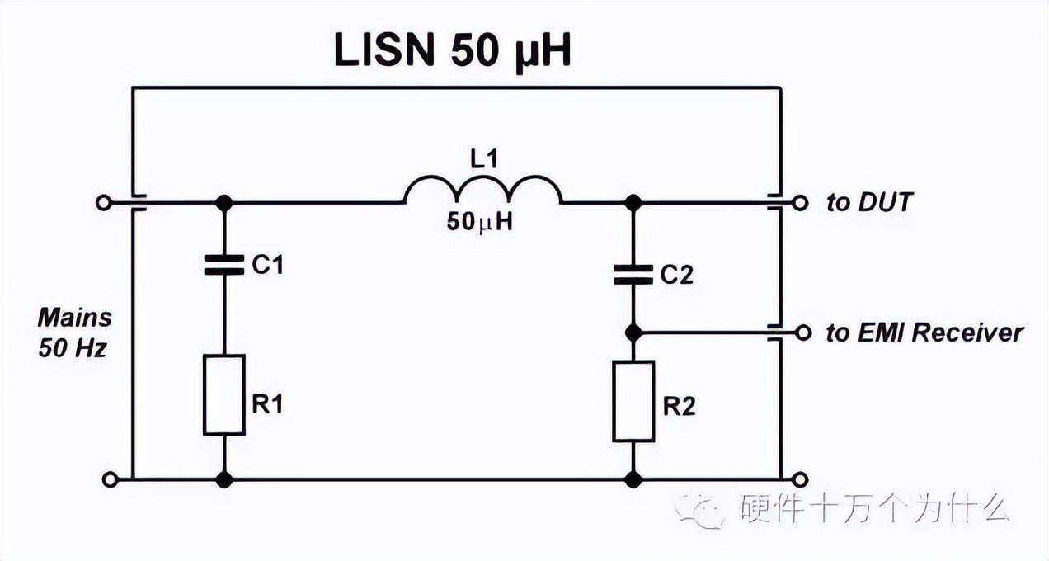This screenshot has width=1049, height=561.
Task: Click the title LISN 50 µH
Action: click(x=452, y=51)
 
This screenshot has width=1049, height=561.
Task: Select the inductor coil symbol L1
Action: click(x=482, y=192)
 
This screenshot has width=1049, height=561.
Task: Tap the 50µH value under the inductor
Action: click(x=481, y=221)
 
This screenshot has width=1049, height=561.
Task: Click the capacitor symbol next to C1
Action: click(x=223, y=265)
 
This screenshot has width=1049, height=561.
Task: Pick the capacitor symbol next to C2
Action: click(x=633, y=276)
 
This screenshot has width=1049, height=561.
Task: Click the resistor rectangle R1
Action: click(x=224, y=394)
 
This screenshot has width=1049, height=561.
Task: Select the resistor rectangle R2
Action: click(x=633, y=401)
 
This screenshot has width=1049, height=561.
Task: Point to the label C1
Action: click(x=266, y=266)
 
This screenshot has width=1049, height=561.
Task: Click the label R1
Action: click(x=268, y=404)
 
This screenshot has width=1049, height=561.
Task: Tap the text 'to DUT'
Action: click(x=869, y=202)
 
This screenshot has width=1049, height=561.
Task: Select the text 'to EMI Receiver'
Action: click(x=924, y=332)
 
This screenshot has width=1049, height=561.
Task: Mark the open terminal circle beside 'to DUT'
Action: click(x=799, y=201)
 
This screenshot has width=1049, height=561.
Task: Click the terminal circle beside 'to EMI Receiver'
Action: click(x=799, y=332)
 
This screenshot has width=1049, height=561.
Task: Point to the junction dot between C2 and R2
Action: click(x=633, y=332)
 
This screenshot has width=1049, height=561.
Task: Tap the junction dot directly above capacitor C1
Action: click(x=223, y=201)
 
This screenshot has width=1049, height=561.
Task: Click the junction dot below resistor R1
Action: click(x=223, y=478)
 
